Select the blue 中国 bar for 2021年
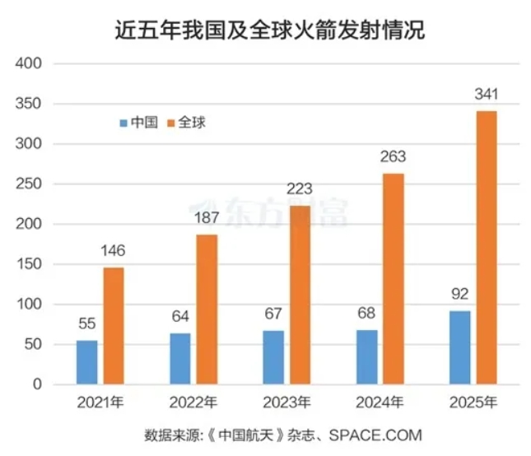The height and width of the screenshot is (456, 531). tap(86, 362)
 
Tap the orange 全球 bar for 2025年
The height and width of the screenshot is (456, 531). tap(487, 247)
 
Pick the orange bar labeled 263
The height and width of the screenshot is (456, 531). tap(394, 278)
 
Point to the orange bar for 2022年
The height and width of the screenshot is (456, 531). tap(207, 309)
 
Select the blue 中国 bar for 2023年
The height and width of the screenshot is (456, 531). tap(273, 357)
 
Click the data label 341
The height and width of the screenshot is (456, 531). tap(487, 95)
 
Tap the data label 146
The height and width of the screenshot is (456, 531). tap(114, 252)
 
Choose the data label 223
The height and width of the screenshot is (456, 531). tap(300, 190)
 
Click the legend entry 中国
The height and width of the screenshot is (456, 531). tap(139, 123)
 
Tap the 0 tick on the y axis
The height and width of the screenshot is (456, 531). tap(35, 384)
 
